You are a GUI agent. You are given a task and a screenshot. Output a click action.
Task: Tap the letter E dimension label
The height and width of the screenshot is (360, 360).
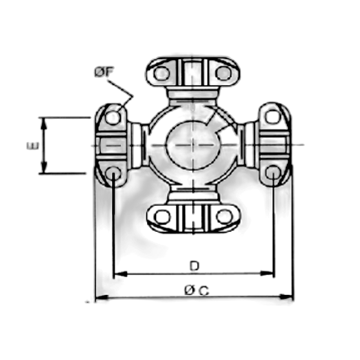click(x=33, y=146)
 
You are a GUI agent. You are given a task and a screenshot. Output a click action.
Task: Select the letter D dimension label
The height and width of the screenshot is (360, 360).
click(x=194, y=266)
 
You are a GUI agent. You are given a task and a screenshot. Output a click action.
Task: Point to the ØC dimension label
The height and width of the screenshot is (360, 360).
click(x=197, y=290)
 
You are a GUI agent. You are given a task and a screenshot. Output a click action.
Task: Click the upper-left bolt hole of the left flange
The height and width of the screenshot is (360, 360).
click(x=113, y=118)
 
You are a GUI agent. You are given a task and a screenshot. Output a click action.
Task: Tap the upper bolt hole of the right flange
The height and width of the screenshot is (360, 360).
click(x=273, y=117)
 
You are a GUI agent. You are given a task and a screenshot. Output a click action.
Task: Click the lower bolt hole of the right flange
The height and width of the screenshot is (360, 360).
click(x=273, y=172)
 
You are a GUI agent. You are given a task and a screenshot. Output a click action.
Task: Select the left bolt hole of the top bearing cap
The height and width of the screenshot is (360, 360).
click(x=162, y=73)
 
